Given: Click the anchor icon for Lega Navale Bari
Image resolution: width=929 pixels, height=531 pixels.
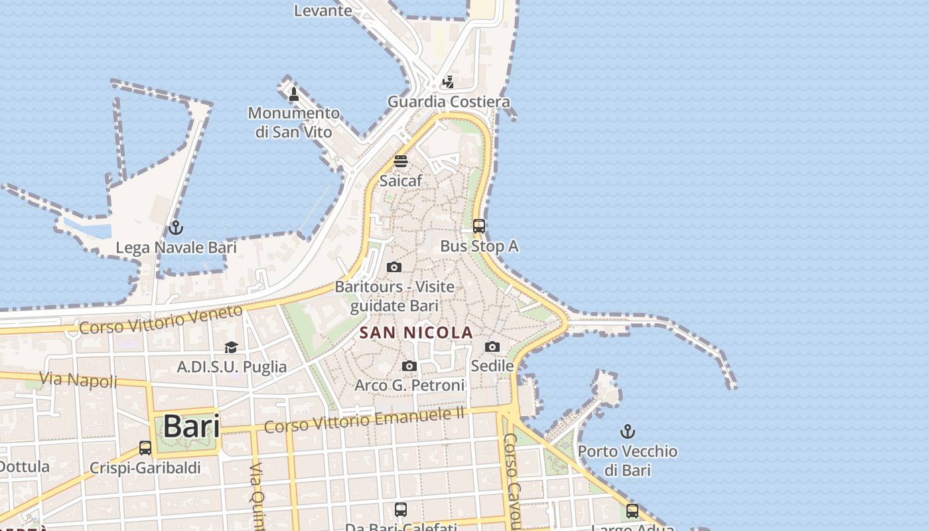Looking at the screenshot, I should (x=175, y=228).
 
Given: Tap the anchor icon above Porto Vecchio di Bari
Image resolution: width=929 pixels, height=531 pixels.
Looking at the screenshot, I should (x=627, y=432).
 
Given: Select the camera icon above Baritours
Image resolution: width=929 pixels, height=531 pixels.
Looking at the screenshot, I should (x=394, y=267).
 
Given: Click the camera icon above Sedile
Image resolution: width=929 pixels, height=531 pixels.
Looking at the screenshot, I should (x=492, y=346).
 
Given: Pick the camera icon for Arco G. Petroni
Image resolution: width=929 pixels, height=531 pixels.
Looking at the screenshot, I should (x=409, y=366).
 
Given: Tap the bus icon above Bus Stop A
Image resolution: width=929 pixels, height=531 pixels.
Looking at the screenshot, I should (x=479, y=226).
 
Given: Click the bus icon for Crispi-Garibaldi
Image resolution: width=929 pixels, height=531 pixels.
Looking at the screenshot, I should (x=145, y=448).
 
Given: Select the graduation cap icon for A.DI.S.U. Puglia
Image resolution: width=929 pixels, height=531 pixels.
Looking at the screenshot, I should (x=231, y=347).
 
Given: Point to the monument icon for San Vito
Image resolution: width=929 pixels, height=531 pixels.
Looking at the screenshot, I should (x=294, y=95).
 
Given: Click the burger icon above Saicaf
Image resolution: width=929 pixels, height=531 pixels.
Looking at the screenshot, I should (x=400, y=161).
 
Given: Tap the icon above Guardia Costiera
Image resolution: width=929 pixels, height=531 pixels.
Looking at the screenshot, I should (x=449, y=82).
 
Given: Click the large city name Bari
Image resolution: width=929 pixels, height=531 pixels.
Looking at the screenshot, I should (x=191, y=426).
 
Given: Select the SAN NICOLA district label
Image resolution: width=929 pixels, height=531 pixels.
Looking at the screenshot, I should (x=416, y=333).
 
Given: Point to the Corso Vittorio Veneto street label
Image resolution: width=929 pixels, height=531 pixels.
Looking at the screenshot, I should (x=161, y=319).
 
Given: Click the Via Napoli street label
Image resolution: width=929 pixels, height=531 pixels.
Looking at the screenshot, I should (x=78, y=380).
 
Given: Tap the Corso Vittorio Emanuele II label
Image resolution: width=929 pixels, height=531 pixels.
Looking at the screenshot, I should (x=364, y=419).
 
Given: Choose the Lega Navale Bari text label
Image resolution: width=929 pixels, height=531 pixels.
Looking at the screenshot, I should (x=176, y=248).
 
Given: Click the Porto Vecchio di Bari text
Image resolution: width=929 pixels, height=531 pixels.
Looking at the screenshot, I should (x=627, y=461).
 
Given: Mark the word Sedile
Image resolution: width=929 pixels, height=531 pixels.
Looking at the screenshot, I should (x=492, y=366).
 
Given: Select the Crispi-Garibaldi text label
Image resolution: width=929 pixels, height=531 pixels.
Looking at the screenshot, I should (x=145, y=468).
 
